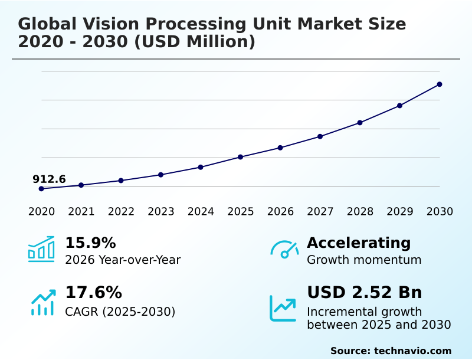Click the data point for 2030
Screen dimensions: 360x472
point(440,84)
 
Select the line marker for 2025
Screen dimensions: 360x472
point(241,157)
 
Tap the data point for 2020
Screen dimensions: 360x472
point(41,189)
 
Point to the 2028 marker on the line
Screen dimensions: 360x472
point(360,123)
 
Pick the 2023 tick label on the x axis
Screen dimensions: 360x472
point(161,212)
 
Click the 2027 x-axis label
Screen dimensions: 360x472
point(320,212)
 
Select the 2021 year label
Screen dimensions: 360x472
point(81,212)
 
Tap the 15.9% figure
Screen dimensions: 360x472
point(90,243)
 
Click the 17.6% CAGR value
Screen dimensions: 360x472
point(93,293)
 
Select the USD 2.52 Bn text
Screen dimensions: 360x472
point(365,293)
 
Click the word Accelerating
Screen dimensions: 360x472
point(359,243)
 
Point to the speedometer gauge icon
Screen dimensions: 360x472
point(284,250)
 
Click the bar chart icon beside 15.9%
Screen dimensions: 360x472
point(41,249)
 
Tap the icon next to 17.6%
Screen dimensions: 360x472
point(42,302)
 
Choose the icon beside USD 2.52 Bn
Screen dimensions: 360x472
point(283,308)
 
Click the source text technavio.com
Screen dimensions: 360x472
point(412,351)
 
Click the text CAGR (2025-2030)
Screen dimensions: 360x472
point(120,312)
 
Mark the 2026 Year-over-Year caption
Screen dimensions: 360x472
point(123,260)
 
